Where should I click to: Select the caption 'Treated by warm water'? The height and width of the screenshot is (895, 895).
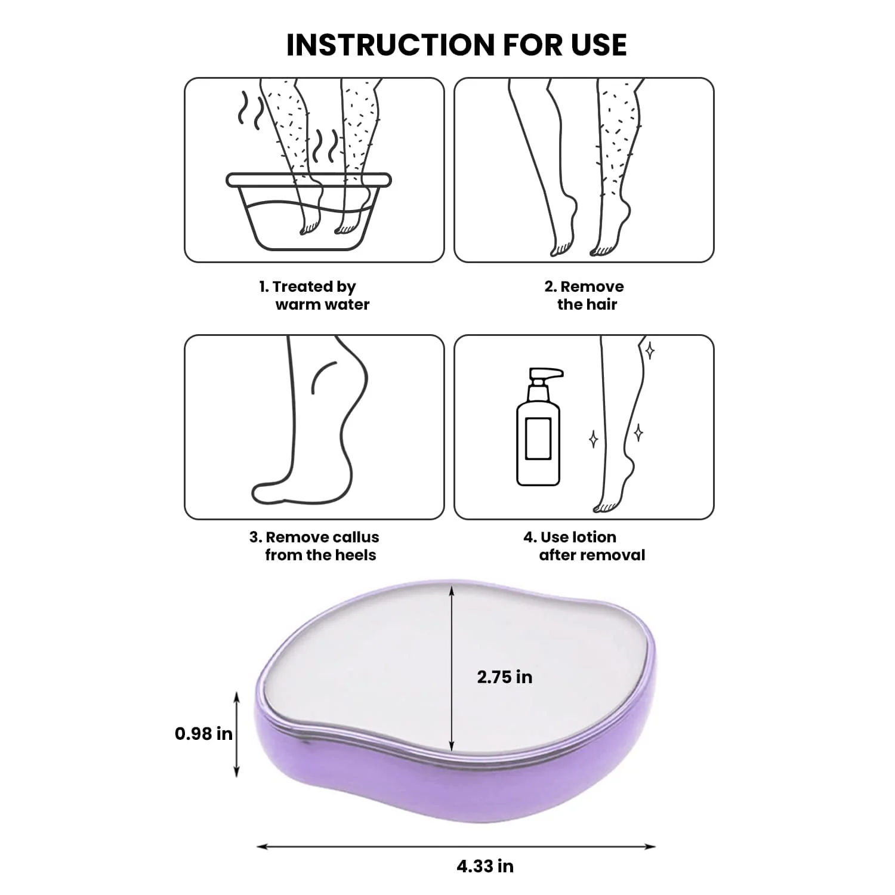click(x=314, y=295)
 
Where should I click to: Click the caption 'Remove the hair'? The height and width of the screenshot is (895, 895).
click(x=584, y=295)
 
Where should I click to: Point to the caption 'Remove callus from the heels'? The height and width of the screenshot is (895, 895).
click(x=314, y=546)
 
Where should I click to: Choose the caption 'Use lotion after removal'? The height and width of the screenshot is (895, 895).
click(x=585, y=546)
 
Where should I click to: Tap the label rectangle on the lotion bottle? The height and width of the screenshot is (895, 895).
click(x=538, y=439)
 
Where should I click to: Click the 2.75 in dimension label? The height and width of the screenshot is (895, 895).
click(x=505, y=677)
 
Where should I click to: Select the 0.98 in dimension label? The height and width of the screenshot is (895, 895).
click(x=203, y=733)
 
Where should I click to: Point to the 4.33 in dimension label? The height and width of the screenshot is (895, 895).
click(x=485, y=866)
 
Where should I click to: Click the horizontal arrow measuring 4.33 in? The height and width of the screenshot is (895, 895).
click(x=456, y=846)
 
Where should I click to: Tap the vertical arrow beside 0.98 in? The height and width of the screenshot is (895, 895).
click(x=237, y=734)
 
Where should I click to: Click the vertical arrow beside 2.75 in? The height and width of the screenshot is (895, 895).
click(x=452, y=668)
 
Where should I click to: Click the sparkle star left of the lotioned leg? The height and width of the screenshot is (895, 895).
click(x=593, y=439)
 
